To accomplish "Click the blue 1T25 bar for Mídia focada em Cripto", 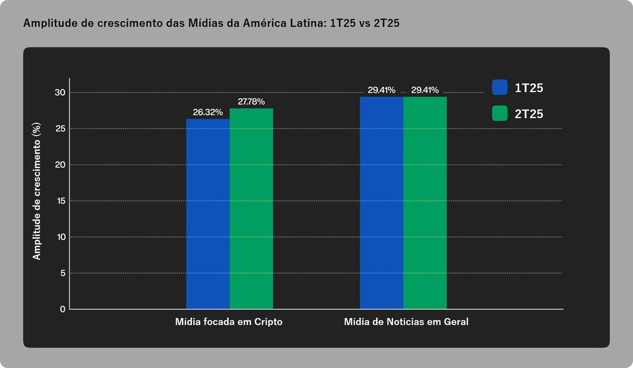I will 208,214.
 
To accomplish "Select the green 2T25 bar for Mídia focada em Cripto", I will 251,209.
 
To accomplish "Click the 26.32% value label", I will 206,112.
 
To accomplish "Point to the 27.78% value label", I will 251,102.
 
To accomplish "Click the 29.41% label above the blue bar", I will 381,90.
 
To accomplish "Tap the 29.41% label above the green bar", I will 425,90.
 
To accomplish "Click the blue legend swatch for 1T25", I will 500,88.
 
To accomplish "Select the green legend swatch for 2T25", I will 500,113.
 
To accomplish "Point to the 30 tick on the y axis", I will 60,92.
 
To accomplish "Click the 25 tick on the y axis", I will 60,129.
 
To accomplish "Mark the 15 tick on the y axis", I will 60,201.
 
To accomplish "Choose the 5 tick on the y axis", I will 62,273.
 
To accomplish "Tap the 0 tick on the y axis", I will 62,309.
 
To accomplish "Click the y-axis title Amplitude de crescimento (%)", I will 37,191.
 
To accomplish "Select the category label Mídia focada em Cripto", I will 229,322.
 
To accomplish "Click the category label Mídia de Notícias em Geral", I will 406,322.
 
